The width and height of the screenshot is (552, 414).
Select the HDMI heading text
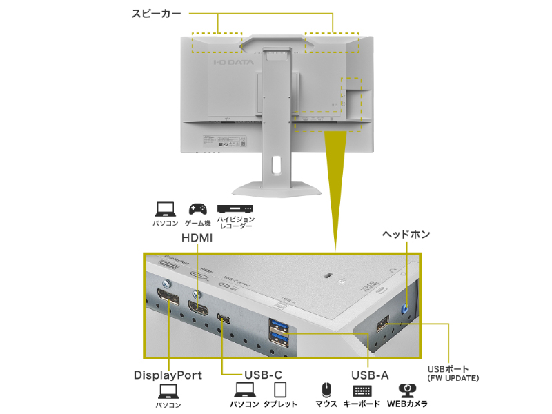[197, 237]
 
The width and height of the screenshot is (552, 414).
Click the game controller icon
[197, 208]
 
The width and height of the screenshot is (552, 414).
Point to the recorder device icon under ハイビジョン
[235, 208]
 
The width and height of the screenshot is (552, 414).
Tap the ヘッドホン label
[406, 235]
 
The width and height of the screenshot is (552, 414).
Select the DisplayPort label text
[168, 375]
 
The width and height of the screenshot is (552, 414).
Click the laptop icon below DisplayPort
[168, 392]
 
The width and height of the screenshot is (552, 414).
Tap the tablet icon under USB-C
[279, 391]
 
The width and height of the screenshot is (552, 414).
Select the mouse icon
[326, 391]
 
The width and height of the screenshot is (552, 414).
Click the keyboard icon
[362, 391]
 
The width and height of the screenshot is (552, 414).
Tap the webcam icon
[407, 391]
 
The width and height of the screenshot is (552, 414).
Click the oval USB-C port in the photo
[225, 318]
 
